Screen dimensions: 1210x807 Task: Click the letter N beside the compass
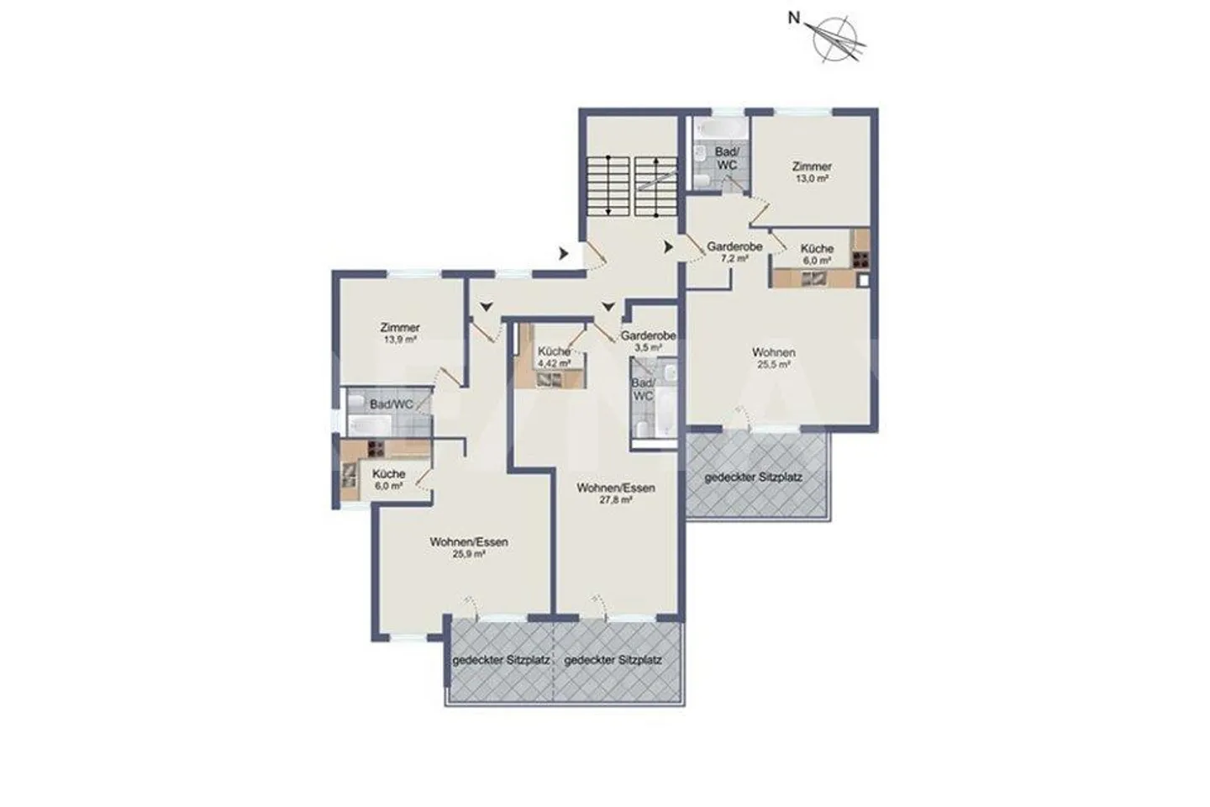(793, 18)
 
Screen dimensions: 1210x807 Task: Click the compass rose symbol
(835, 39)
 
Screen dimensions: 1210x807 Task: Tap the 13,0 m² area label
(813, 179)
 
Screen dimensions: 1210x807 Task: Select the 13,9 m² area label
(400, 340)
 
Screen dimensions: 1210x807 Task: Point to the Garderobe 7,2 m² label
(734, 252)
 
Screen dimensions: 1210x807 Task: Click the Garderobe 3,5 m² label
(648, 341)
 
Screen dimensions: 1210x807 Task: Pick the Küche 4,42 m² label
(555, 357)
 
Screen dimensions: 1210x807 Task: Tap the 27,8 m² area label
(616, 500)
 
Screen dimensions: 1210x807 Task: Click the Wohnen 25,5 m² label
(774, 358)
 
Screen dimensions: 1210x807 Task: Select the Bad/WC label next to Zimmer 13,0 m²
(727, 159)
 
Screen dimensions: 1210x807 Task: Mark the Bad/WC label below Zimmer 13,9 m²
(392, 404)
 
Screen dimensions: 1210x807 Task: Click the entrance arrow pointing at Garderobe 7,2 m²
(669, 247)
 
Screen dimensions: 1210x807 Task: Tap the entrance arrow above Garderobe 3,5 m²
(608, 307)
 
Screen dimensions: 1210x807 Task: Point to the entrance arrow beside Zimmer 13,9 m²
(487, 307)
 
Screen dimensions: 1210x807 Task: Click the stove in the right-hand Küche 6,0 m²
(861, 260)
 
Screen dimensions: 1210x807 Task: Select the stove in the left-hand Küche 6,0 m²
(376, 449)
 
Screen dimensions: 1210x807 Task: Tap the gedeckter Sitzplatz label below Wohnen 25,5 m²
(754, 477)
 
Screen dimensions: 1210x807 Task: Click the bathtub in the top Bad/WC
(721, 129)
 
